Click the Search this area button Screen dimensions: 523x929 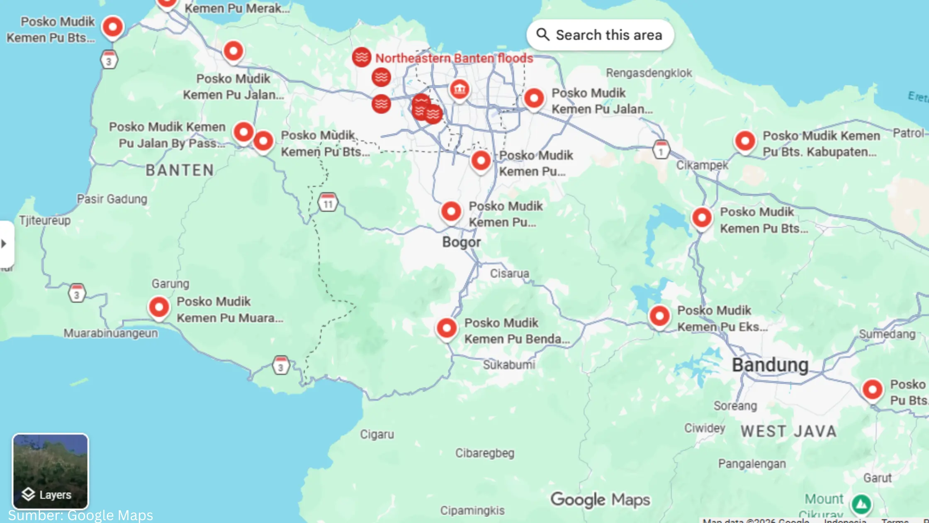click(600, 35)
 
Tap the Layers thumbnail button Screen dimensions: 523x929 click(50, 471)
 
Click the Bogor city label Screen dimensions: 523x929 click(461, 242)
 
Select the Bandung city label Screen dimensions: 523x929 click(770, 365)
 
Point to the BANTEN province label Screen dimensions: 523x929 click(180, 170)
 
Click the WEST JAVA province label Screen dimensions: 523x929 click(789, 431)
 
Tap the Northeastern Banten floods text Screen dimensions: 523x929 click(454, 58)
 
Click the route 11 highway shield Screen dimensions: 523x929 click(328, 203)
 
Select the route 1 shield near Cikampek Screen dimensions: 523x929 click(661, 150)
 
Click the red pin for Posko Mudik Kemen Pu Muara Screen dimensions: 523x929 click(159, 308)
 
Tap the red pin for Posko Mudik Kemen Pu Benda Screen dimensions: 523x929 click(447, 328)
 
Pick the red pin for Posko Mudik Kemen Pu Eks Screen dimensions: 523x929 click(659, 316)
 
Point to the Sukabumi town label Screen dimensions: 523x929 click(509, 365)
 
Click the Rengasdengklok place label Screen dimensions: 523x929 click(649, 73)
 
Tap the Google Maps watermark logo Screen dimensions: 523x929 click(600, 500)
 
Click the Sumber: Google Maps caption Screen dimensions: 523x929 click(80, 516)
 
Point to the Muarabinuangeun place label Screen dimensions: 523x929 click(110, 333)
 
